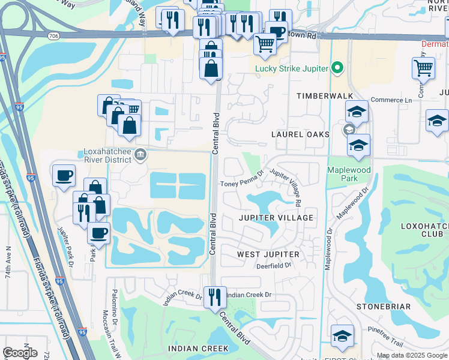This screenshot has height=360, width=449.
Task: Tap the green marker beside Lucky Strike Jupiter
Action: [337, 68]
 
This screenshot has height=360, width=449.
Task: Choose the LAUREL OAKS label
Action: [300, 134]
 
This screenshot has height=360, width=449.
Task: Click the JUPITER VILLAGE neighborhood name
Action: [276, 218]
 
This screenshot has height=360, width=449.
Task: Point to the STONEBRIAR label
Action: [383, 307]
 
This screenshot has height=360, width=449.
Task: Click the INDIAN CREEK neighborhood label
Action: [198, 349]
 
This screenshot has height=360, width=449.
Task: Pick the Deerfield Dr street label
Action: [273, 265]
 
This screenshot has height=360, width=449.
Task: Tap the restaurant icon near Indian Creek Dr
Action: [214, 296]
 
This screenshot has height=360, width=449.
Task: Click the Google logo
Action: [20, 353]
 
